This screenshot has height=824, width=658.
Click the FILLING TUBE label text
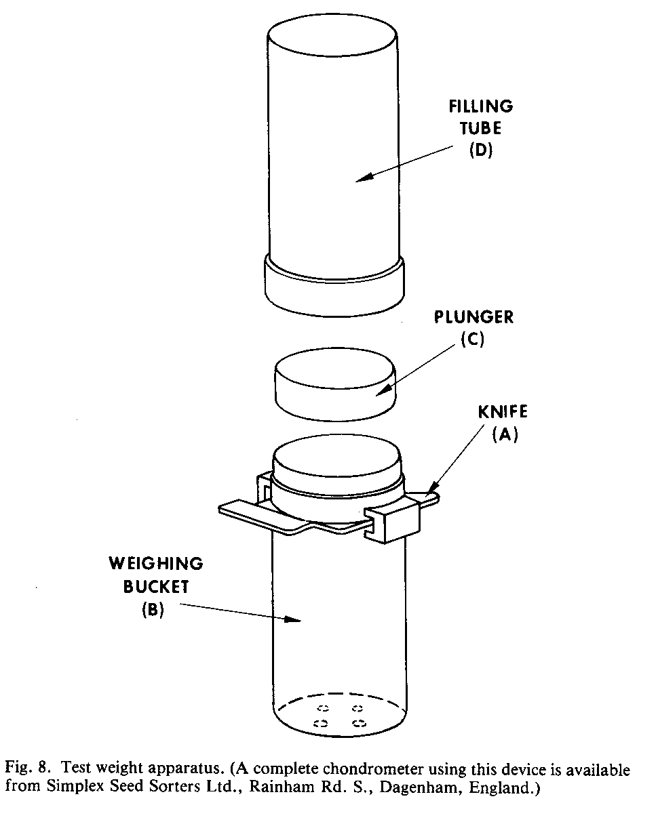pyautogui.click(x=480, y=117)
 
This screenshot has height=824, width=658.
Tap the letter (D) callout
pyautogui.click(x=480, y=150)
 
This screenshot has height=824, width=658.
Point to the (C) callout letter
pyautogui.click(x=472, y=339)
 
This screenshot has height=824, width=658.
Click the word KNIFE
pyautogui.click(x=503, y=411)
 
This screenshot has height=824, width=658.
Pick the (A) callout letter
pyautogui.click(x=505, y=435)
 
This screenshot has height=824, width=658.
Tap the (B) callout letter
pyautogui.click(x=154, y=609)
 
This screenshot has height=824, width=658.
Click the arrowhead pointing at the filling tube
pyautogui.click(x=363, y=178)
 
